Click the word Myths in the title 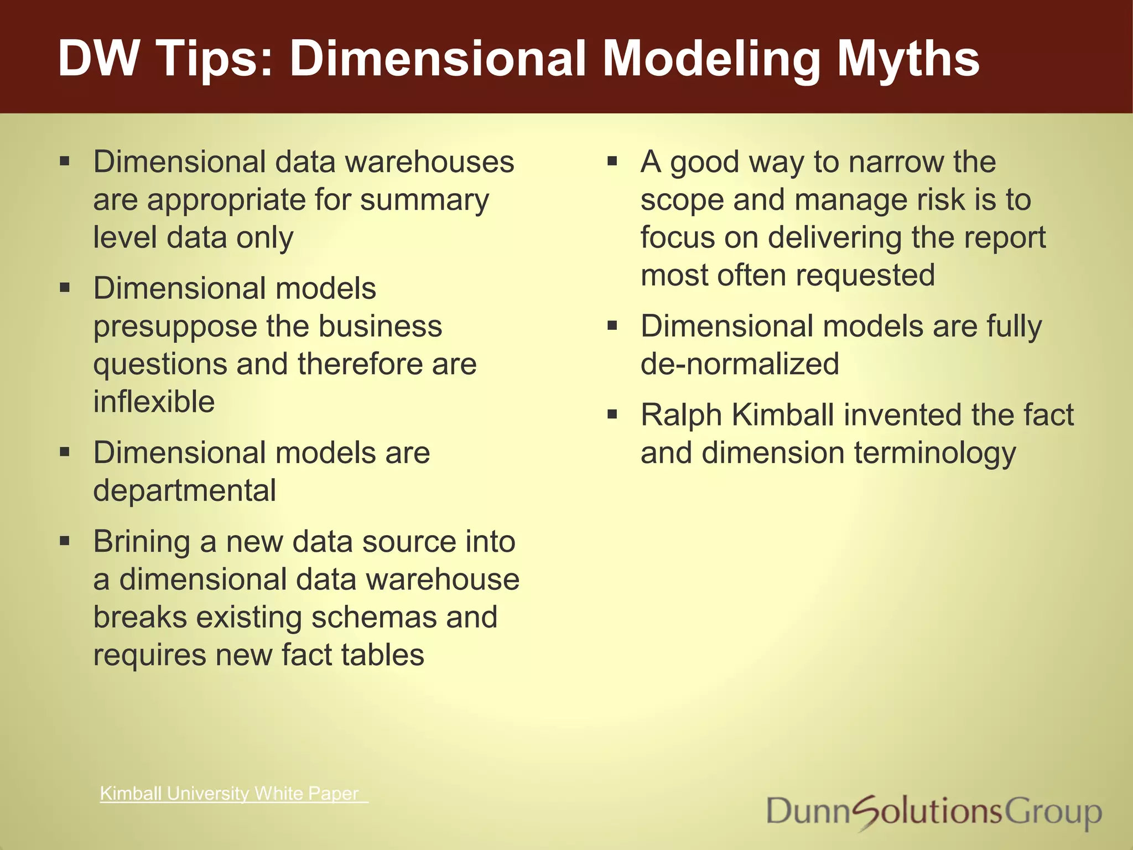pyautogui.click(x=908, y=59)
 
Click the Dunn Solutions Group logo pyautogui.click(x=934, y=812)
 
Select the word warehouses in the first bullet pyautogui.click(x=429, y=162)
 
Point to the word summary pyautogui.click(x=424, y=200)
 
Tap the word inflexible pyautogui.click(x=154, y=402)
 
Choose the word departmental pyautogui.click(x=185, y=491)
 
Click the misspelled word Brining pyautogui.click(x=142, y=542)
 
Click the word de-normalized pyautogui.click(x=740, y=364)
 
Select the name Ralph pyautogui.click(x=681, y=416)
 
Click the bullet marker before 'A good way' pyautogui.click(x=612, y=162)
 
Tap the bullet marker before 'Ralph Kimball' pyautogui.click(x=612, y=414)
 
